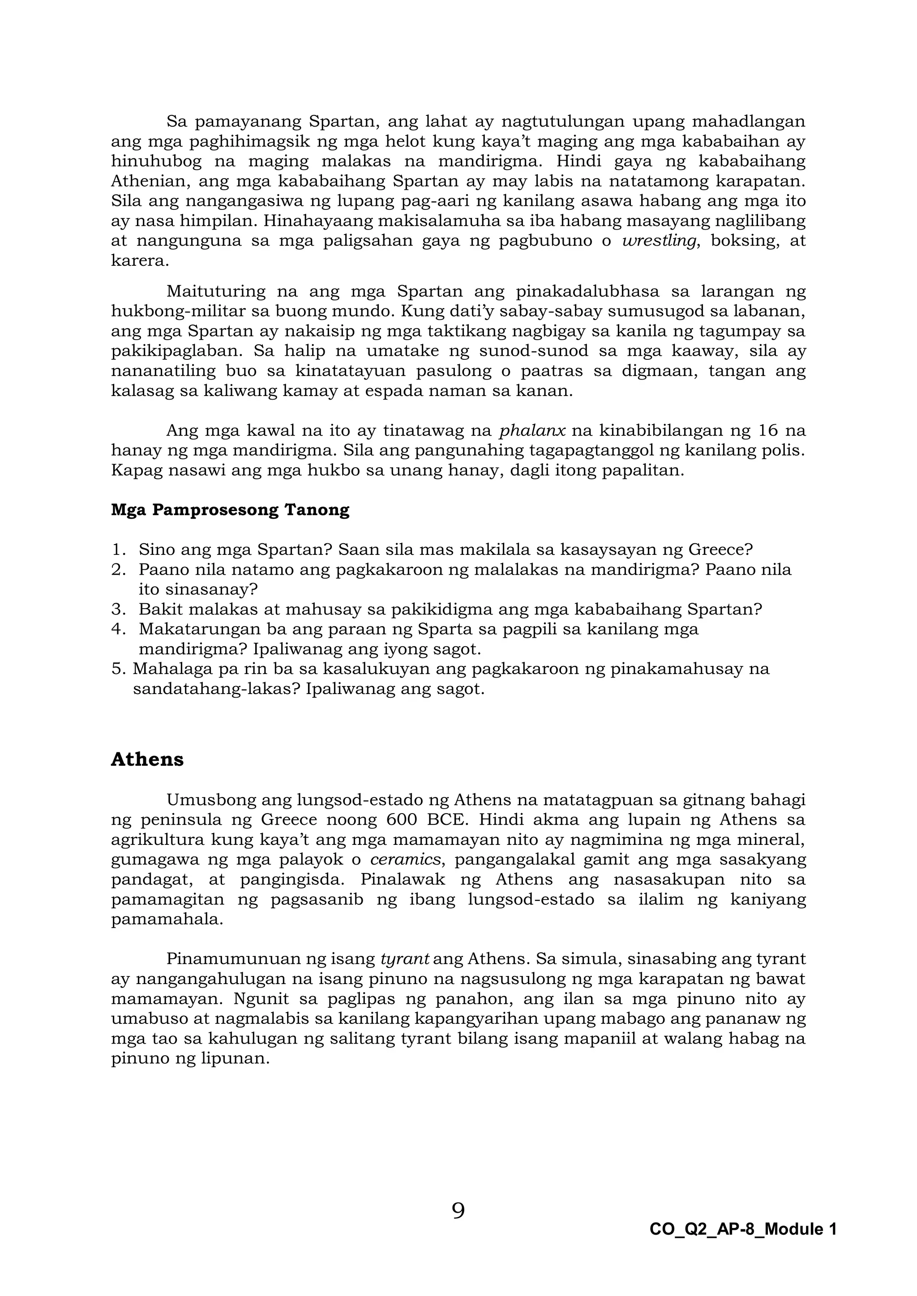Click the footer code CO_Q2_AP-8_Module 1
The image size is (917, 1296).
point(742,1229)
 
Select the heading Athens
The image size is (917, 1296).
point(147,759)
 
